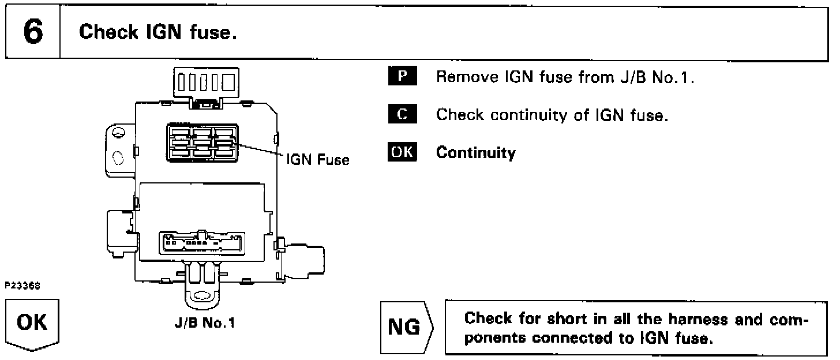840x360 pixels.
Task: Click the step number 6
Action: (32, 32)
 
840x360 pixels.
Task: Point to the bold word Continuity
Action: (476, 153)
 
